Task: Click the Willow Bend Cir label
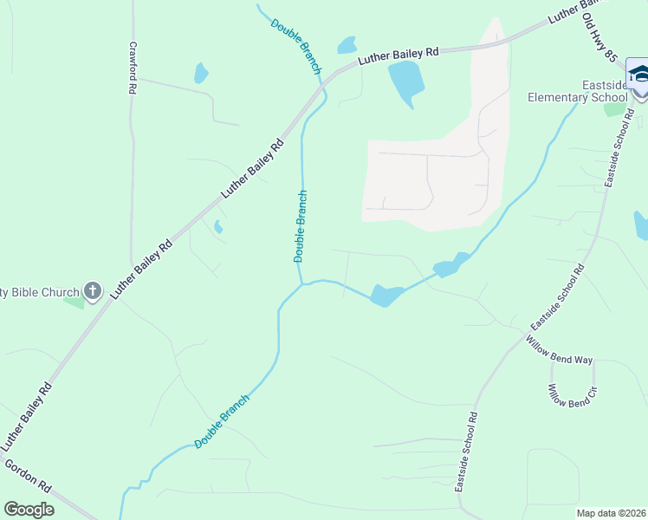[x=572, y=397]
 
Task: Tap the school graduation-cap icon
[x=638, y=75]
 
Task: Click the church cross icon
[x=94, y=292]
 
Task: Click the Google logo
[x=29, y=510]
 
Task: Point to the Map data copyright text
[x=611, y=513]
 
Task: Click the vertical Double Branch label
[x=301, y=226]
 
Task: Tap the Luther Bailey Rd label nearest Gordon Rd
[x=27, y=416]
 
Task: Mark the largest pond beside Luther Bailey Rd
[x=406, y=83]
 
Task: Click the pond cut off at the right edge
[x=641, y=225]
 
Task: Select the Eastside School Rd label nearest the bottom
[x=467, y=452]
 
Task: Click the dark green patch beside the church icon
[x=75, y=302]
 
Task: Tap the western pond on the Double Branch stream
[x=386, y=296]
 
